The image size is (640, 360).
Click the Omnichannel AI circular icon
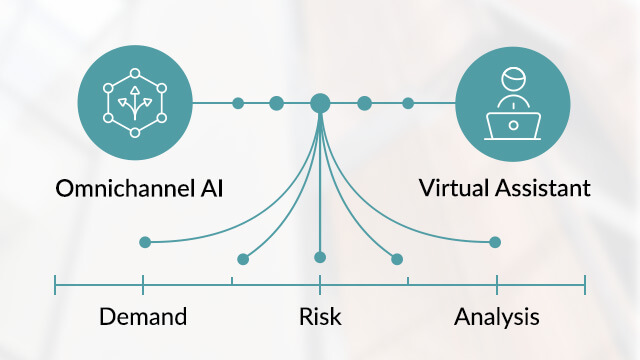(134, 103)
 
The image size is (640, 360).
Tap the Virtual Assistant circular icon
(512, 103)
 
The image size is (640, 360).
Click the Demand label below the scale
(143, 318)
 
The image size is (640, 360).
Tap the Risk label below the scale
(320, 318)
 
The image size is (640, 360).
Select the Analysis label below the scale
(497, 318)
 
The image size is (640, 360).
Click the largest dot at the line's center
(320, 103)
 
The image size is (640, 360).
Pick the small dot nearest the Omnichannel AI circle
(238, 103)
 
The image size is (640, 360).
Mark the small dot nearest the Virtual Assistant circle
(408, 103)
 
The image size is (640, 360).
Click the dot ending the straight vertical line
(320, 257)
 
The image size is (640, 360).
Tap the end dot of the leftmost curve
(145, 242)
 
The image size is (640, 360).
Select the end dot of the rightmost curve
(495, 242)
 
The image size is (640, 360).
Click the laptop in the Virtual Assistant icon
(513, 125)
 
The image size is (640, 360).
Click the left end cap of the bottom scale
(55, 287)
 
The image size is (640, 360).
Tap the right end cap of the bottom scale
(585, 287)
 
